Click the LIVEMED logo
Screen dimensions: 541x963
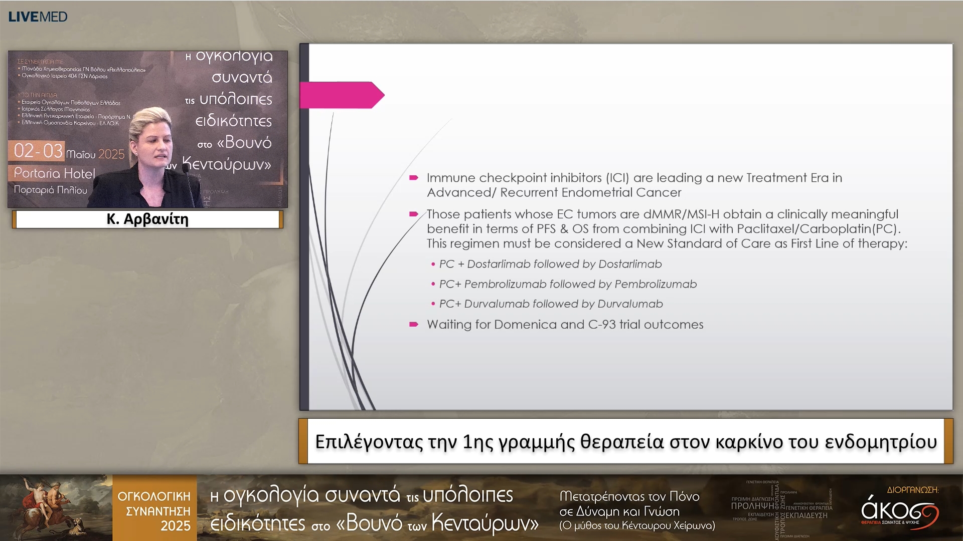pos(38,17)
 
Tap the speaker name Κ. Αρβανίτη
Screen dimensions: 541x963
pos(147,219)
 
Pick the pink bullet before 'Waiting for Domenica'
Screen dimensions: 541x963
pos(414,325)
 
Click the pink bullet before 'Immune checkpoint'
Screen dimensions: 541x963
pos(414,178)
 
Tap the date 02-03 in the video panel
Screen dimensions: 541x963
pos(38,151)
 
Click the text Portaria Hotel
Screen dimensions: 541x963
pos(54,173)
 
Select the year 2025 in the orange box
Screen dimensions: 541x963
pos(175,526)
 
